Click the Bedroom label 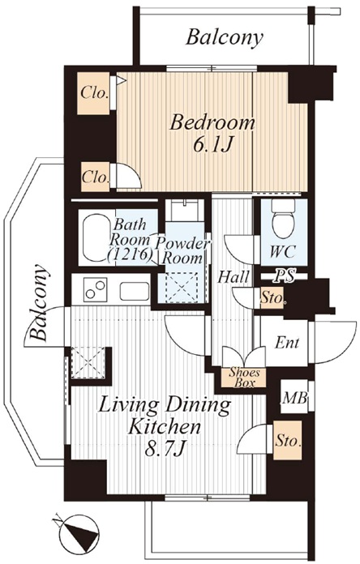tap(212, 123)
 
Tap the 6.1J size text tap(212, 144)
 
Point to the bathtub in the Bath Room tap(96, 237)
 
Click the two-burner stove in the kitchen tap(96, 289)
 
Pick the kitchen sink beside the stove tap(135, 291)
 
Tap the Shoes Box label tap(244, 378)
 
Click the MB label tap(295, 398)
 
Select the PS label tap(284, 276)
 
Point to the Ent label tap(286, 343)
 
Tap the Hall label tap(234, 277)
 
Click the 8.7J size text tap(165, 449)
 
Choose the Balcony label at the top tap(224, 37)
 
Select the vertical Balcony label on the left tap(39, 302)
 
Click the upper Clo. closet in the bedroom tap(95, 93)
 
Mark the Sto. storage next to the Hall tap(272, 298)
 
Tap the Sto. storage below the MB tap(288, 440)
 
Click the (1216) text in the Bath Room tap(131, 255)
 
